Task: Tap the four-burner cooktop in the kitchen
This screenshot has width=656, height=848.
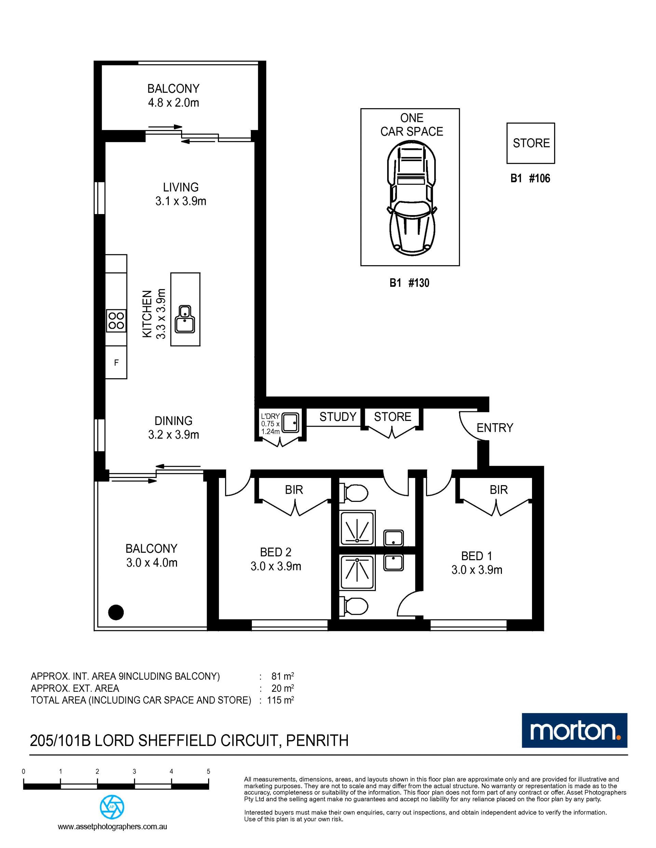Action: (116, 321)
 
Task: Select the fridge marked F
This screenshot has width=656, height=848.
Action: (116, 363)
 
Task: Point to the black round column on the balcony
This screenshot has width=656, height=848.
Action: (116, 612)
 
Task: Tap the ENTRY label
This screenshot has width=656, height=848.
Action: (495, 428)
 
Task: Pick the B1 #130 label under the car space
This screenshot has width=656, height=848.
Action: (410, 283)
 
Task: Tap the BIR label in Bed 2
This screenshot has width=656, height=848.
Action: (294, 490)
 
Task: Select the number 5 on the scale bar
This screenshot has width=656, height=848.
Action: (208, 772)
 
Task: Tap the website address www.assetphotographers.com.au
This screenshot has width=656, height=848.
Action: (112, 826)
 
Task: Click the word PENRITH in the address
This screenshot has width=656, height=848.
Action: (317, 740)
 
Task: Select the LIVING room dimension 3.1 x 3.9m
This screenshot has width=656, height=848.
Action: (181, 201)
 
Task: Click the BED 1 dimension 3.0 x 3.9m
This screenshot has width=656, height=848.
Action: (477, 570)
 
